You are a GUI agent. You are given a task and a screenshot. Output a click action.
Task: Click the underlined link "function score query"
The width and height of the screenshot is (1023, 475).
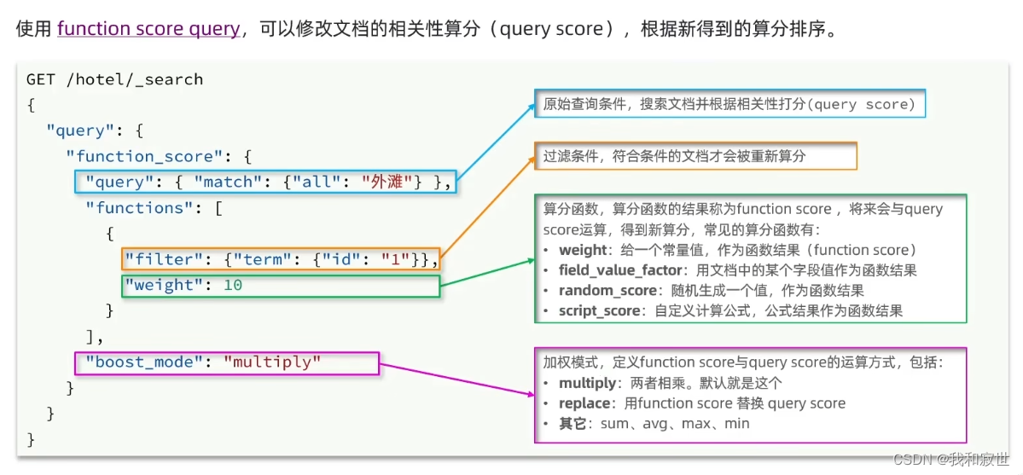(x=148, y=29)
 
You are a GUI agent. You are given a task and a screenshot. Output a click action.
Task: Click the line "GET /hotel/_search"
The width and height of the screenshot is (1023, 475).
(x=115, y=79)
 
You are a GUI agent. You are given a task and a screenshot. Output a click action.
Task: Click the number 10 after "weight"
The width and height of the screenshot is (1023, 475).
(x=233, y=285)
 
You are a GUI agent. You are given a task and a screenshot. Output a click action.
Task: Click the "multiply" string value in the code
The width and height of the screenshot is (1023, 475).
(x=272, y=362)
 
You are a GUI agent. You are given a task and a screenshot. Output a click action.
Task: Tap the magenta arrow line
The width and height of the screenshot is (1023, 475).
(x=456, y=379)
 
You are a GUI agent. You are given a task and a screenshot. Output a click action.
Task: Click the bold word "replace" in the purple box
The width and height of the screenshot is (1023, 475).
(x=584, y=403)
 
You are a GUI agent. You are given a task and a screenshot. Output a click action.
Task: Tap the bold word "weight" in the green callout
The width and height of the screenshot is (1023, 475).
(x=583, y=250)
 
